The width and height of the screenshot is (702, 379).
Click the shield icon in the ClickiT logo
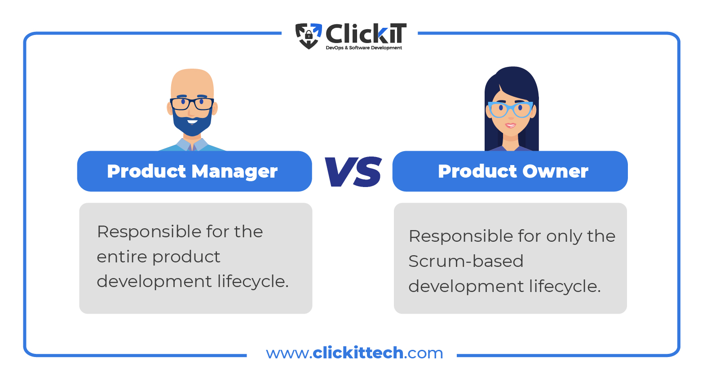click(x=309, y=36)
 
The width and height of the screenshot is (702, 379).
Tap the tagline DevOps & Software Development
click(x=364, y=48)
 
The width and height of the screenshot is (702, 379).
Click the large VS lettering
click(x=353, y=172)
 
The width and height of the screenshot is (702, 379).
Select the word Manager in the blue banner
click(x=234, y=172)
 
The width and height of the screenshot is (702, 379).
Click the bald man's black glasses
click(x=192, y=104)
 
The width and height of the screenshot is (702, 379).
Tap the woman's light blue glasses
click(x=510, y=109)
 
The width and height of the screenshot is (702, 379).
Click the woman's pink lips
click(x=510, y=126)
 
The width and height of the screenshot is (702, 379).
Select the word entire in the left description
click(x=122, y=257)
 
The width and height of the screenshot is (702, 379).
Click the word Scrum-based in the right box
click(x=466, y=261)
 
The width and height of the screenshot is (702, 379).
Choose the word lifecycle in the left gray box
click(x=253, y=281)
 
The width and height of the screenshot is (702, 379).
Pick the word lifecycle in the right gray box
click(x=565, y=286)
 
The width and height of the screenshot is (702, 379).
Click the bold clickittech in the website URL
click(x=358, y=353)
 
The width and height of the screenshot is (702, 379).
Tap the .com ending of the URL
click(x=424, y=353)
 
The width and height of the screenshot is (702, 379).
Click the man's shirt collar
click(x=192, y=144)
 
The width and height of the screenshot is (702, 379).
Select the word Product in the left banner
click(x=147, y=171)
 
